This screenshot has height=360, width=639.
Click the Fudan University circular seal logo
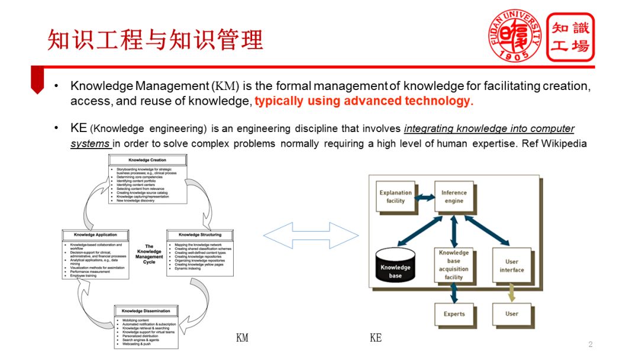[515, 36]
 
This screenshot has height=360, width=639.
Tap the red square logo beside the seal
[570, 37]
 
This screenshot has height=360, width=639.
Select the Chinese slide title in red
[155, 40]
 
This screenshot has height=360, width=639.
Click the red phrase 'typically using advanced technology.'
[364, 101]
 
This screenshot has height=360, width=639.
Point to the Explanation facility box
[396, 197]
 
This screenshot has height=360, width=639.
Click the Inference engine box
[454, 197]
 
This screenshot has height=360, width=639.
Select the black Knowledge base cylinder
[395, 268]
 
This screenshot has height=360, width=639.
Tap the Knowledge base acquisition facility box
[454, 265]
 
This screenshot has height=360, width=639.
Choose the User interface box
[512, 265]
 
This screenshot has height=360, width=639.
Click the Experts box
[454, 314]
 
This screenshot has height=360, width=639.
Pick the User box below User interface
[512, 314]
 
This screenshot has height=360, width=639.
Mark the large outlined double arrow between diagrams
[311, 236]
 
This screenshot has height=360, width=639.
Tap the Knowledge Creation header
[147, 160]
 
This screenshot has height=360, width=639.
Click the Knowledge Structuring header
[200, 235]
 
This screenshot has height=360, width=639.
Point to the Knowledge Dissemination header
[146, 311]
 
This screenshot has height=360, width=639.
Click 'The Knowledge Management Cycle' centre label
[149, 254]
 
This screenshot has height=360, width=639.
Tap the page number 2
[590, 345]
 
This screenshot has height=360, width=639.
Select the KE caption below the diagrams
[376, 338]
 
